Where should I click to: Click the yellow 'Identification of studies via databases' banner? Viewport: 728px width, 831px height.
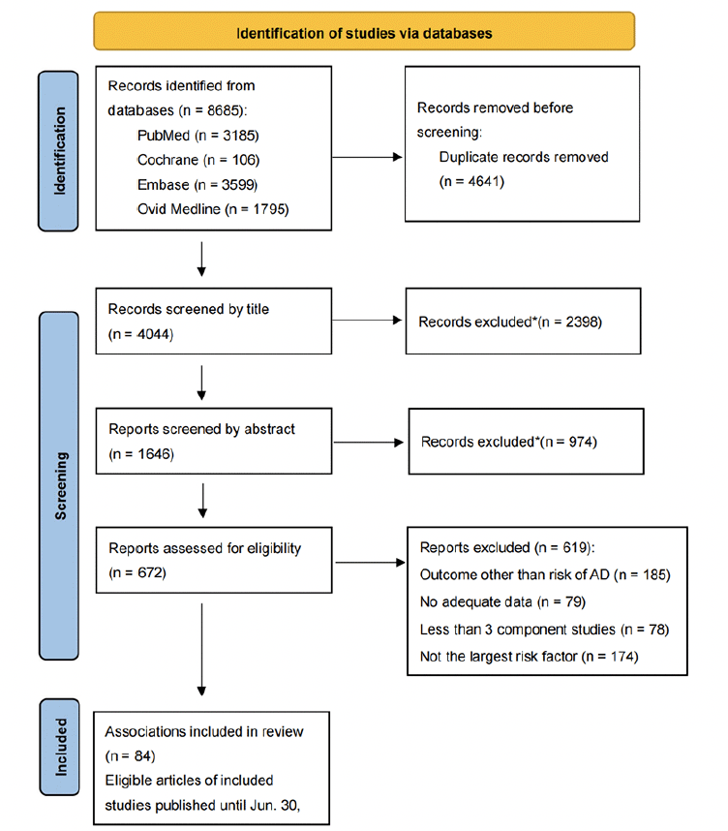[364, 31]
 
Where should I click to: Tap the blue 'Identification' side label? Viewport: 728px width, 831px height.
[58, 151]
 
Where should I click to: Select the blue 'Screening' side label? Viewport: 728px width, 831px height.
[59, 485]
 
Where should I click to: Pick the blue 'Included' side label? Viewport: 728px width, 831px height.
[59, 748]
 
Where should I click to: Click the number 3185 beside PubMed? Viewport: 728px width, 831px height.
[239, 136]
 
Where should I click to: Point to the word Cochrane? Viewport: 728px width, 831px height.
[167, 160]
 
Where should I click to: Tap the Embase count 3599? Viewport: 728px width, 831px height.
[238, 185]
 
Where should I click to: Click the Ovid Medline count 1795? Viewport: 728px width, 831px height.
[269, 209]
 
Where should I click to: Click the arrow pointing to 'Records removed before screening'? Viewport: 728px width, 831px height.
[367, 157]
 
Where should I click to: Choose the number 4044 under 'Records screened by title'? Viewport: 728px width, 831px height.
[154, 334]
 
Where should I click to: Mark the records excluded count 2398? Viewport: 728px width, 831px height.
[582, 323]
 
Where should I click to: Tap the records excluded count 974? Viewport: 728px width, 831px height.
[581, 442]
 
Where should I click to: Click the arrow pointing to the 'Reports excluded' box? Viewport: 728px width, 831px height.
[371, 563]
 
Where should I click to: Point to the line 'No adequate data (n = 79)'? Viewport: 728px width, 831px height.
[502, 602]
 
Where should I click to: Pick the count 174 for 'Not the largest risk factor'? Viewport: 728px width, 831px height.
[622, 657]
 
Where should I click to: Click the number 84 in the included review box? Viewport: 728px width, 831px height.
[142, 756]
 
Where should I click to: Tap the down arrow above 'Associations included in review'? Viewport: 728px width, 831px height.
[201, 649]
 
